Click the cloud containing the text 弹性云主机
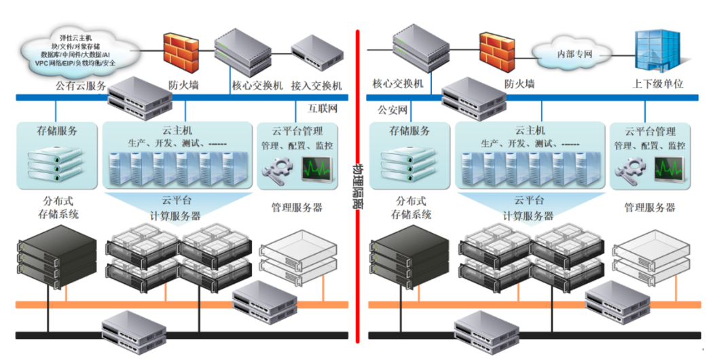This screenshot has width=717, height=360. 75,49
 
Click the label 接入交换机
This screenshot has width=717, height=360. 316,86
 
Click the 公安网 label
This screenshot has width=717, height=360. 392,110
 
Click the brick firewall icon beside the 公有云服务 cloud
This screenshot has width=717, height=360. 179,51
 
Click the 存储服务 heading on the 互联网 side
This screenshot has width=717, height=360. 57,130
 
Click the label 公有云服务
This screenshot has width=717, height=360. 81,86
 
